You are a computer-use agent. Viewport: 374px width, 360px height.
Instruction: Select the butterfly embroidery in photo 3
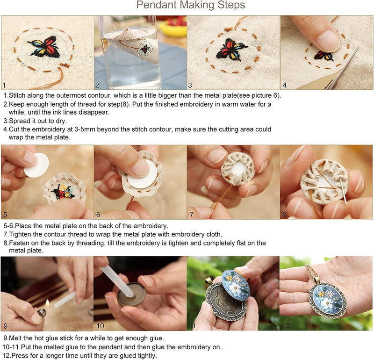(x=231, y=49)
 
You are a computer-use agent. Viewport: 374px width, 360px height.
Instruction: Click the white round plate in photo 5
(x=36, y=165)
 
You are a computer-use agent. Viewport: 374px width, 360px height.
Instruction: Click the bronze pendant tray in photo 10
(x=131, y=295)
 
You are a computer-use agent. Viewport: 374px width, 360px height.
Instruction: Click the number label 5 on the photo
(x=5, y=215)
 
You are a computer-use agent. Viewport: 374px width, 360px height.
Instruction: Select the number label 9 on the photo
(x=5, y=326)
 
